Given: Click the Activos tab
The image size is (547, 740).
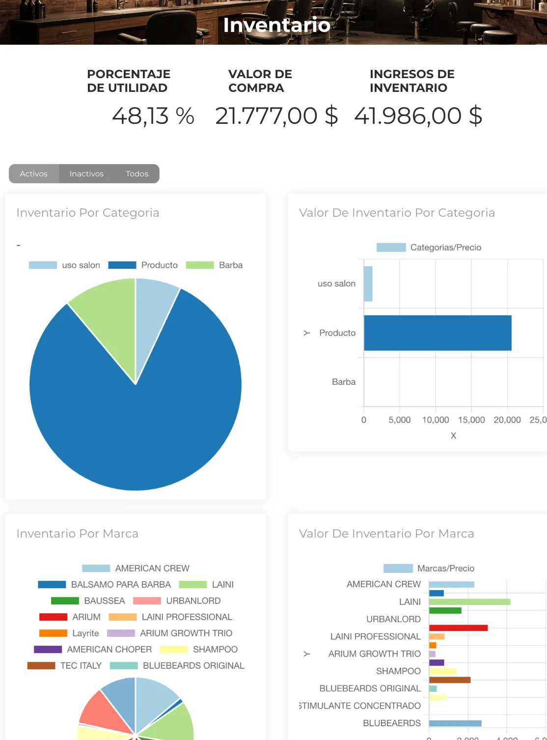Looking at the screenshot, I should tap(34, 174).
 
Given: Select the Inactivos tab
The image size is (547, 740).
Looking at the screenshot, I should tap(86, 174).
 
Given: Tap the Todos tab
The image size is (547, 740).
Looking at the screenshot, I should tap(137, 174).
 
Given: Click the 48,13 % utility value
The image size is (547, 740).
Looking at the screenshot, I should tap(153, 116).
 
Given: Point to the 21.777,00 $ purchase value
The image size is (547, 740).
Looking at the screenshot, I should tap(276, 116).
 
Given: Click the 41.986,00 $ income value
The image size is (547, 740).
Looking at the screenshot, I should tap(418, 116).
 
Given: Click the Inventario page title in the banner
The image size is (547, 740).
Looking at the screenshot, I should tap(276, 25).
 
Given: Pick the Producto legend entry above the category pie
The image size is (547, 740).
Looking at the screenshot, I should tap(143, 265).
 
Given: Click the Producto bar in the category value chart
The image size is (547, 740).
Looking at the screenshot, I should tap(437, 333).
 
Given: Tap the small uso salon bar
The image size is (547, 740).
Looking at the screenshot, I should tap(368, 284).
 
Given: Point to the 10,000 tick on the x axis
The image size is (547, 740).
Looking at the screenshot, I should tap(436, 420).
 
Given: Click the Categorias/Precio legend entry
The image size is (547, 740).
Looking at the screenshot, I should tap(429, 248).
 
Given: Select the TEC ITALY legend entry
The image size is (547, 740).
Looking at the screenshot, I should tap(64, 666).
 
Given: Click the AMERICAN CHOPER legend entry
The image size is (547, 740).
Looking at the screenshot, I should tap(93, 650).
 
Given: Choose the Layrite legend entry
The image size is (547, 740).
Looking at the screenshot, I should tap(69, 633).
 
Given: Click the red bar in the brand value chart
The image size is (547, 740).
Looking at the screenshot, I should tap(458, 628).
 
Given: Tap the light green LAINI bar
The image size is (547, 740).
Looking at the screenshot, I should tap(469, 602).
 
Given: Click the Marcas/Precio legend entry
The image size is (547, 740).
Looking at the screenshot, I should tap(429, 569).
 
